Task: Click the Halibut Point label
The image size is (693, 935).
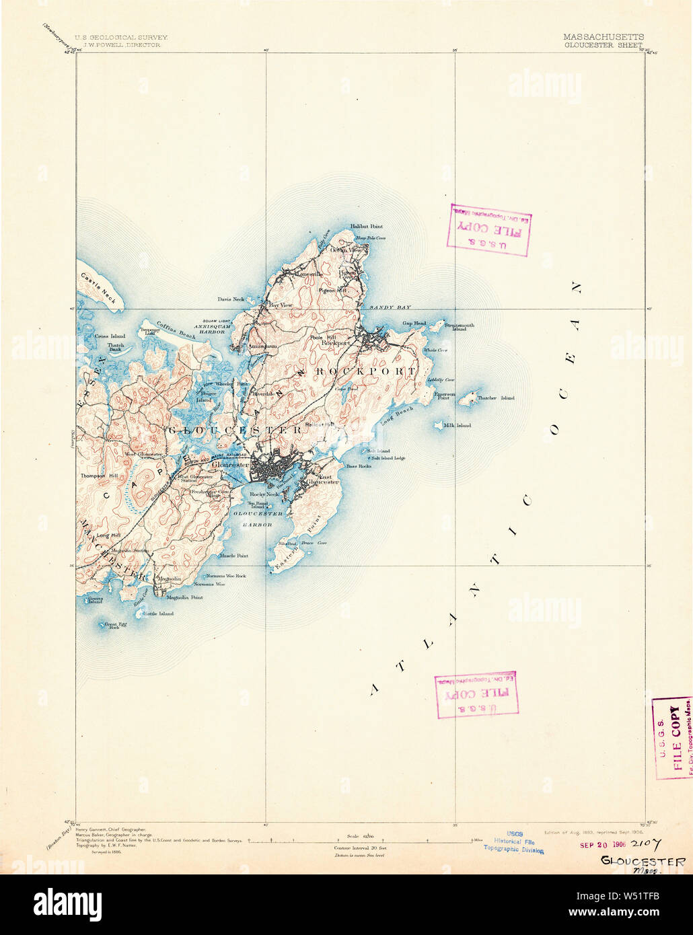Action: click(366, 227)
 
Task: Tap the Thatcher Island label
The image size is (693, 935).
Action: click(496, 398)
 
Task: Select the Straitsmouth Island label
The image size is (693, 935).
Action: click(460, 326)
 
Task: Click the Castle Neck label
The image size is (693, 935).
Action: click(98, 287)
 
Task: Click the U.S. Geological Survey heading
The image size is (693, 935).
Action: click(121, 38)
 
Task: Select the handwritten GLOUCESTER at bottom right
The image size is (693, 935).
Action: click(643, 861)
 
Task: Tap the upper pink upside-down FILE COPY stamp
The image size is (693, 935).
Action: click(488, 229)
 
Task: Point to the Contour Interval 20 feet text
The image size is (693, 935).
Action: click(360, 848)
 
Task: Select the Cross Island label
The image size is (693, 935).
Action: click(110, 336)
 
